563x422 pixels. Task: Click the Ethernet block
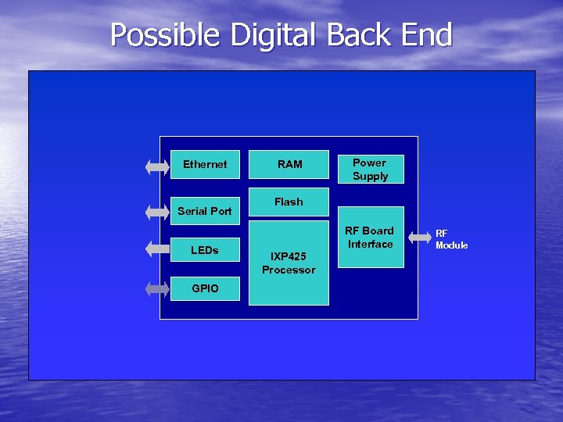click(205, 164)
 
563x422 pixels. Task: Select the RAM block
click(289, 164)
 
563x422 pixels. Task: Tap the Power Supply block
click(370, 169)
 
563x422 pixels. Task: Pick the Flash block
click(289, 202)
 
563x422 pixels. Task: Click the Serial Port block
click(205, 210)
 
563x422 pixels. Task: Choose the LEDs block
click(205, 250)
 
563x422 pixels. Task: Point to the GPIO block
click(205, 288)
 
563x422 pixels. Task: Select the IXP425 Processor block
click(289, 263)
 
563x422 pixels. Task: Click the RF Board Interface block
click(371, 238)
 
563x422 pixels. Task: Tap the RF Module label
click(451, 239)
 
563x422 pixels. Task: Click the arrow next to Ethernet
click(157, 166)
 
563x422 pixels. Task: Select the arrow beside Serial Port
click(157, 211)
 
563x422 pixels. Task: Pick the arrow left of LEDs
click(157, 249)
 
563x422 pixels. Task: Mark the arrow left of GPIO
click(157, 288)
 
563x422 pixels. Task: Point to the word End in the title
click(429, 36)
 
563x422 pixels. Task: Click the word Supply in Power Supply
click(370, 176)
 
